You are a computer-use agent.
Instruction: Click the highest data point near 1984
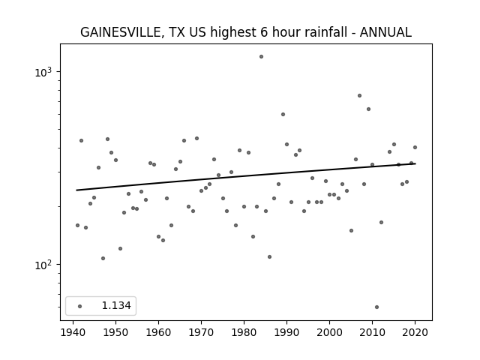pyautogui.click(x=261, y=57)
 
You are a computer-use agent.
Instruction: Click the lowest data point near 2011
pyautogui.click(x=376, y=307)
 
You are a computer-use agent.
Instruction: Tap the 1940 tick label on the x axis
pyautogui.click(x=73, y=332)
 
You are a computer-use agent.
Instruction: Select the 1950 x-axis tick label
pyautogui.click(x=115, y=332)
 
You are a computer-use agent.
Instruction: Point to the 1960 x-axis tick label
pyautogui.click(x=158, y=332)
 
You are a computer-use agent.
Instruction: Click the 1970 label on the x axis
pyautogui.click(x=201, y=332)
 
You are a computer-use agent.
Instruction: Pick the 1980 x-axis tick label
pyautogui.click(x=244, y=332)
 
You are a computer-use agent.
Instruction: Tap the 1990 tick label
pyautogui.click(x=286, y=332)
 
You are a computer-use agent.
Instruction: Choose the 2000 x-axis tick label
pyautogui.click(x=329, y=332)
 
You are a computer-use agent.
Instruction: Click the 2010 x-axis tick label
pyautogui.click(x=372, y=332)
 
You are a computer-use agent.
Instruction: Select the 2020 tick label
pyautogui.click(x=415, y=332)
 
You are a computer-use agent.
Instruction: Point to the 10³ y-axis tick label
pyautogui.click(x=43, y=72)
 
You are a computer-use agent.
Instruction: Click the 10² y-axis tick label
pyautogui.click(x=43, y=265)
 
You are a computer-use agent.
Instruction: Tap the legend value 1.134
pyautogui.click(x=116, y=305)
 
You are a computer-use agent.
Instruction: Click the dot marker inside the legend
pyautogui.click(x=80, y=306)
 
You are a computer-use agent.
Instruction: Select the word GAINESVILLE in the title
pyautogui.click(x=121, y=32)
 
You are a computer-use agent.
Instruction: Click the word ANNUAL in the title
pyautogui.click(x=385, y=32)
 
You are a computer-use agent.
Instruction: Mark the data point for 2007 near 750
pyautogui.click(x=360, y=95)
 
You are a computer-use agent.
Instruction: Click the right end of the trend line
pyautogui.click(x=415, y=163)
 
